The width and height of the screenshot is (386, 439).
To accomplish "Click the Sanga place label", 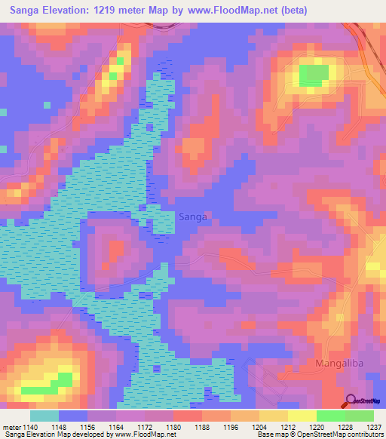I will pos(193,216).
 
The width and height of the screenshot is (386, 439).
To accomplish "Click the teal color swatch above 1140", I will pos(44,416).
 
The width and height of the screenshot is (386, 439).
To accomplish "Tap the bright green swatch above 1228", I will pos(330,416).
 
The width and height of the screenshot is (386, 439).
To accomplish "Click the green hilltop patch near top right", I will pos(314,75).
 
